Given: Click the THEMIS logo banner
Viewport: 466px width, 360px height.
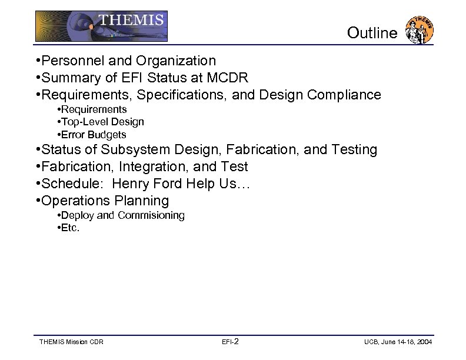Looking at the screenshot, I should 101,26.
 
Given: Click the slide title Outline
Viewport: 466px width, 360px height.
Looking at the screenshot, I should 372,33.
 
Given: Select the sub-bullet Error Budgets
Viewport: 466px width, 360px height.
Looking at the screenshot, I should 94,135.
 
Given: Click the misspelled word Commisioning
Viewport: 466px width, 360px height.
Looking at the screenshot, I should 151,215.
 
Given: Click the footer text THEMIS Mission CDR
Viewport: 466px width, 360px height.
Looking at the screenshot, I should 71,342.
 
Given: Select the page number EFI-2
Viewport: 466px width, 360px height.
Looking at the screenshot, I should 230,342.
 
